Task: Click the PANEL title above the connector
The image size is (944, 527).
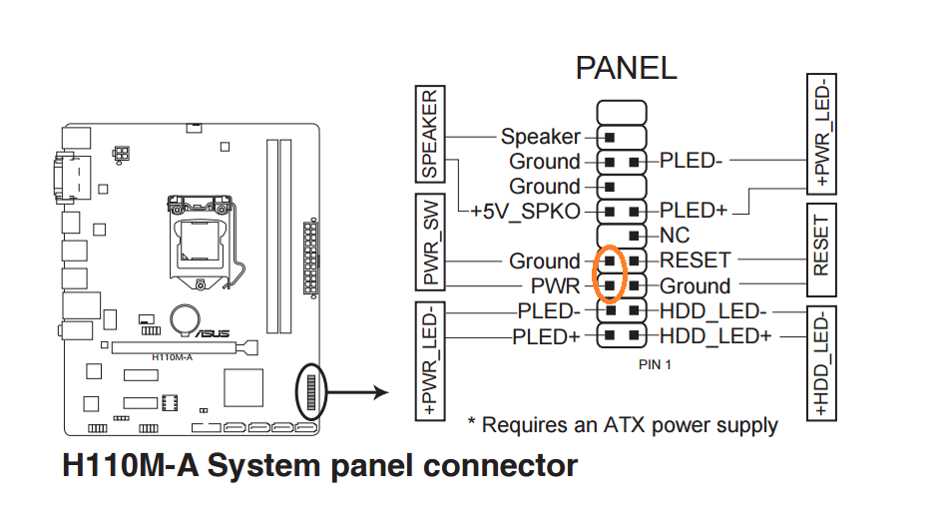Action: click(626, 67)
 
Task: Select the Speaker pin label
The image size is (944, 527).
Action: click(540, 137)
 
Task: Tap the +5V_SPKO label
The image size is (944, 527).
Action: click(525, 212)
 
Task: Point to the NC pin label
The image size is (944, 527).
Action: click(675, 237)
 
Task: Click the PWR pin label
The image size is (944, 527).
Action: click(555, 286)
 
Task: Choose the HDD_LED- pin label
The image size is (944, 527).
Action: click(711, 311)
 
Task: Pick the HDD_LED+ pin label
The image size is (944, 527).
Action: click(714, 336)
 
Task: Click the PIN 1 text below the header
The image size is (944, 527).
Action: click(655, 365)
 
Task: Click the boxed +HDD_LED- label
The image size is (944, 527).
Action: click(821, 361)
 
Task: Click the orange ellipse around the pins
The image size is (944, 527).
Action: click(609, 272)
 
